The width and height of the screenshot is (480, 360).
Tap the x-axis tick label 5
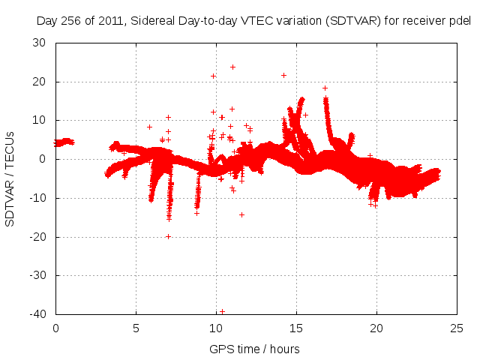point(136,328)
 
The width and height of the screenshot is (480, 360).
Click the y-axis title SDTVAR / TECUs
point(10,178)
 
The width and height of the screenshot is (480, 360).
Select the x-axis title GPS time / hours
point(256,349)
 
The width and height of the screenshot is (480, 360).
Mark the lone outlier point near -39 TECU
point(222,311)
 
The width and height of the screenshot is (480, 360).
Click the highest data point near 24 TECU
point(232,67)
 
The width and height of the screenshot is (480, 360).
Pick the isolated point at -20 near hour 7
point(168,236)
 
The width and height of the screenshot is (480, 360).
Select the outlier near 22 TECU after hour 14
point(283,75)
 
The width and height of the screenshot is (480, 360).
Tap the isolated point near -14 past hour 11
point(241,214)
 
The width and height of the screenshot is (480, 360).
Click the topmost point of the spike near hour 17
point(325,88)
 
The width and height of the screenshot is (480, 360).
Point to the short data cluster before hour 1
point(64,142)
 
